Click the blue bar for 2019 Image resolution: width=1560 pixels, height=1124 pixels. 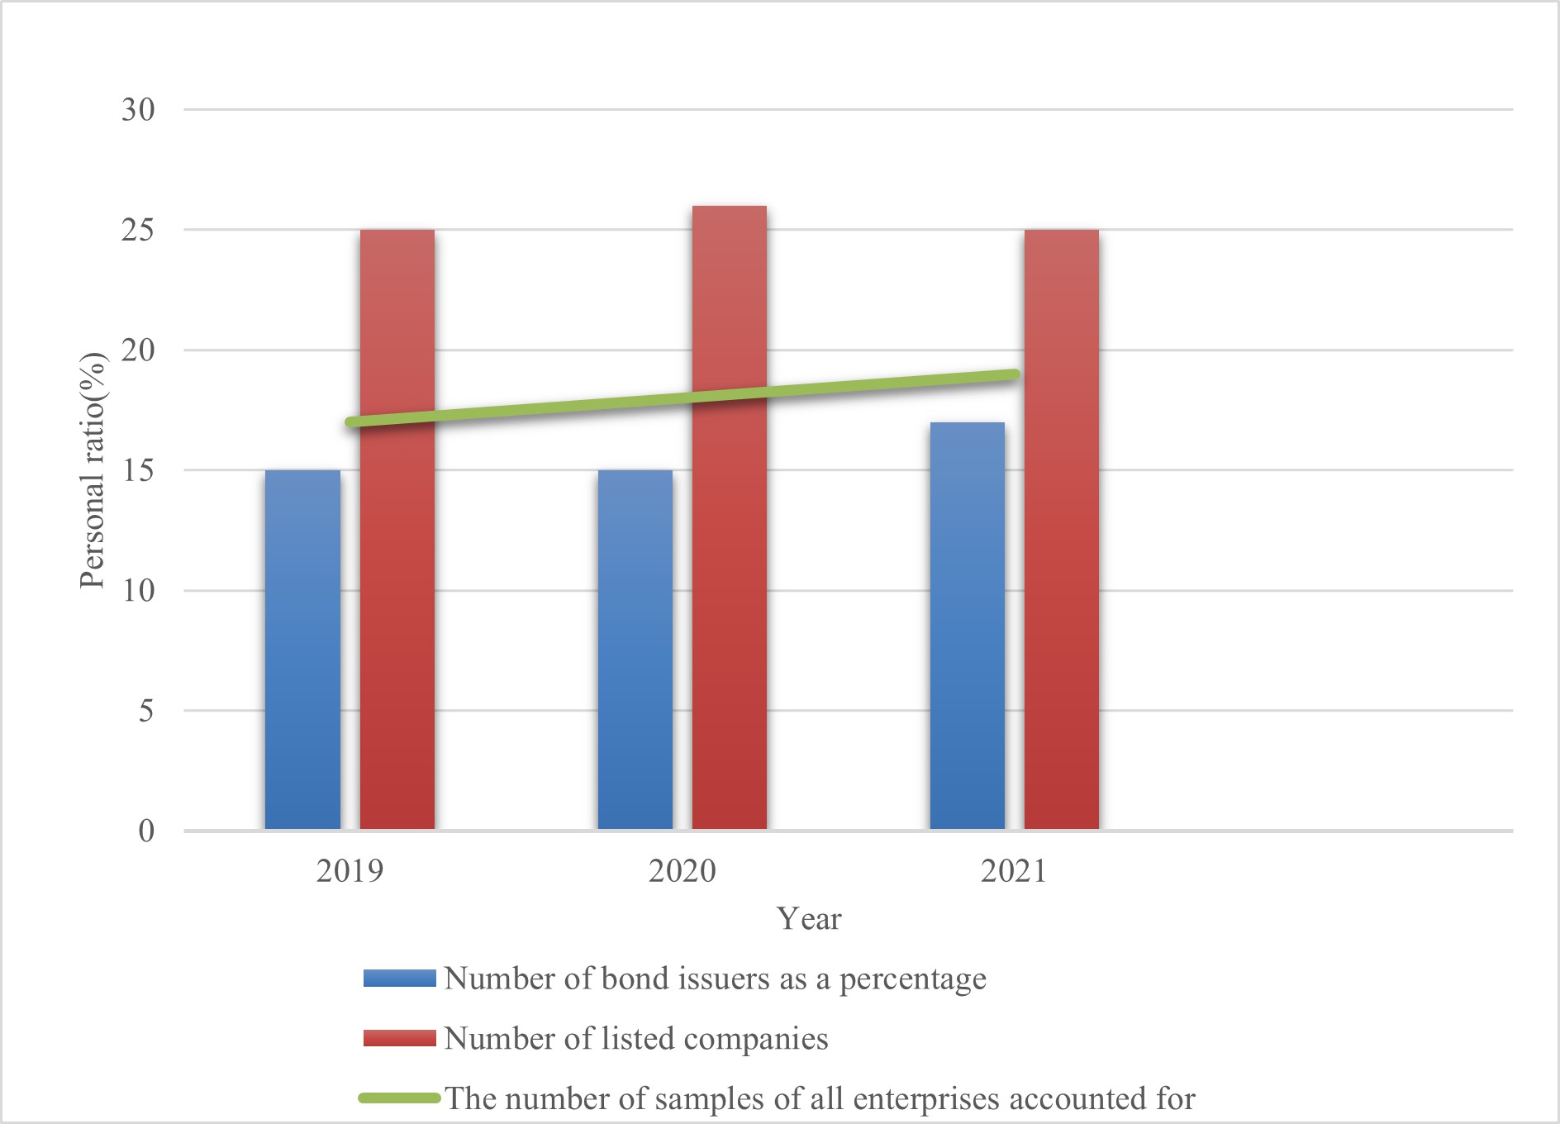[302, 650]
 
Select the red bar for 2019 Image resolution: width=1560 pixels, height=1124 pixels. [397, 529]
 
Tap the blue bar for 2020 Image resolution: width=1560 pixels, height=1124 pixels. [635, 650]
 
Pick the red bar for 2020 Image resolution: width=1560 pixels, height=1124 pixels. [730, 517]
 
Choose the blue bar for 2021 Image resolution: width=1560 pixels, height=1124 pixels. [968, 626]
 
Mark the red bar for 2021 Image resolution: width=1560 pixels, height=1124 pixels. [1062, 529]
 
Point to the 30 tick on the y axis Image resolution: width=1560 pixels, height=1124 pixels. [138, 110]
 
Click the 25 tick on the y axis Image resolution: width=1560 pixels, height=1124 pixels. [138, 230]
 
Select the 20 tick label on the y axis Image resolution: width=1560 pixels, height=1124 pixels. [138, 350]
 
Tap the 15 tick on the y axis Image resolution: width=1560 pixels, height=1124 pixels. [138, 470]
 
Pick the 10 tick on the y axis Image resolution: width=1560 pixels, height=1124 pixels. [138, 591]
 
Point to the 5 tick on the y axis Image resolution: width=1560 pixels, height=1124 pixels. [145, 711]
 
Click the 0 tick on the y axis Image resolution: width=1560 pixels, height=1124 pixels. [146, 831]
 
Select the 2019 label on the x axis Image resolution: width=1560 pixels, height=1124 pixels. [350, 871]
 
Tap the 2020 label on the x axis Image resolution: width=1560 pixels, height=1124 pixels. [682, 871]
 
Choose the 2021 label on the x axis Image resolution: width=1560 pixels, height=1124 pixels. [1014, 871]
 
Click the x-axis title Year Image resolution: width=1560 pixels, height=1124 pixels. [809, 919]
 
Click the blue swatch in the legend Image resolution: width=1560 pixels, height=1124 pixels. [400, 979]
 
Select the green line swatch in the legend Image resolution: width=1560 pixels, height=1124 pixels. [400, 1098]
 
